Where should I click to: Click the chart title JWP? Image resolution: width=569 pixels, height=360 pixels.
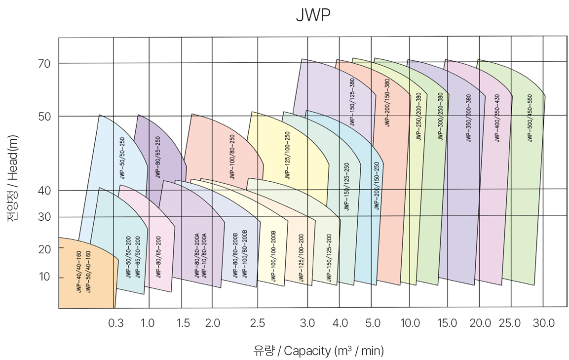[x=312, y=15]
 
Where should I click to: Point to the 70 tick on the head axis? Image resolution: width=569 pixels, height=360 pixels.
[x=45, y=63]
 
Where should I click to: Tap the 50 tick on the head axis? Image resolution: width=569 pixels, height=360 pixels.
[x=45, y=116]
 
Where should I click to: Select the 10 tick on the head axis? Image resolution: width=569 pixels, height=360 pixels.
[x=45, y=277]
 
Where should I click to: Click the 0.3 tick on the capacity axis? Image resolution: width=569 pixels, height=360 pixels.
[x=116, y=323]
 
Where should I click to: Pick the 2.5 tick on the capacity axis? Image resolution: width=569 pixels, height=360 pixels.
[x=257, y=323]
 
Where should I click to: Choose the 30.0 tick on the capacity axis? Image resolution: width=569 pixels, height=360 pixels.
[x=544, y=323]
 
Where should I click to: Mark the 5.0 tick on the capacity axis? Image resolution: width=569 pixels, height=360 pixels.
[x=373, y=323]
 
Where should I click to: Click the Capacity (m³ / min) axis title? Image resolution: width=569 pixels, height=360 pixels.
[x=318, y=351]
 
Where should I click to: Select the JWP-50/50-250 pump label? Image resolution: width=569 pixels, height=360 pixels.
[x=122, y=158]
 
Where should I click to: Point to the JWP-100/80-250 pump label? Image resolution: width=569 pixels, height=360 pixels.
[x=232, y=156]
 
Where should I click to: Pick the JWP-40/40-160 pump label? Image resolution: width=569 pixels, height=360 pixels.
[x=79, y=272]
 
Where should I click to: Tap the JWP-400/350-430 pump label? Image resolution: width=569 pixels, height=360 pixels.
[x=497, y=118]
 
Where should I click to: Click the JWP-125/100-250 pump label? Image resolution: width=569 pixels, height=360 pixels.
[x=287, y=156]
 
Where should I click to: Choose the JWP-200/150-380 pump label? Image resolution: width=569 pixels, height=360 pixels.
[x=387, y=103]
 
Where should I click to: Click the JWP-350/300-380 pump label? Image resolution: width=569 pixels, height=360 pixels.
[x=468, y=118]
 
